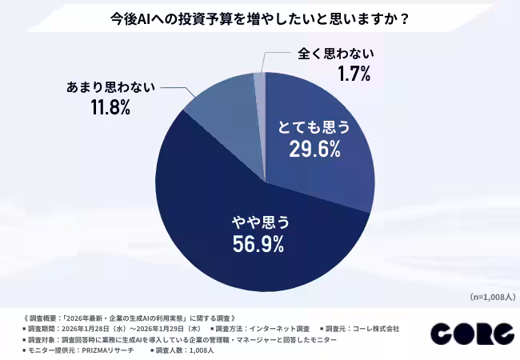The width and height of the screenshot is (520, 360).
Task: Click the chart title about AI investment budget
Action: pos(259,18)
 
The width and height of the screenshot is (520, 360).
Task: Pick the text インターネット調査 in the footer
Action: pos(281,328)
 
